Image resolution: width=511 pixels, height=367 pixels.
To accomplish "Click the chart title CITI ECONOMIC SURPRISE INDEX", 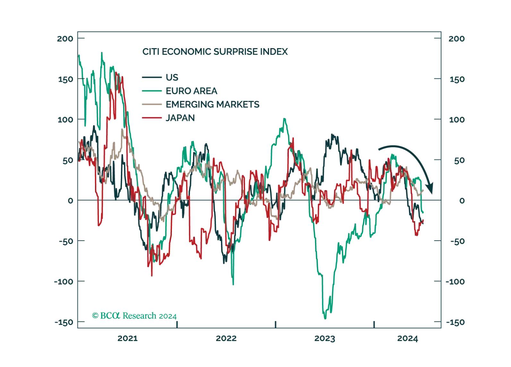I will pyautogui.click(x=215, y=52).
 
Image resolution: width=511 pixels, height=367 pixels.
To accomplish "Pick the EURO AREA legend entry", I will pyautogui.click(x=191, y=91).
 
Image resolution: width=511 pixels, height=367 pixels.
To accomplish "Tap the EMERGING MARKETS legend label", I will pyautogui.click(x=212, y=104).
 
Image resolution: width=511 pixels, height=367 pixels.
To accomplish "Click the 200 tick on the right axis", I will pyautogui.click(x=456, y=38).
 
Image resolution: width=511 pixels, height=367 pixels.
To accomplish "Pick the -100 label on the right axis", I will pyautogui.click(x=456, y=281).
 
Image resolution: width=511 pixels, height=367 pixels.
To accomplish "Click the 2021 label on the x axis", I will pyautogui.click(x=128, y=338).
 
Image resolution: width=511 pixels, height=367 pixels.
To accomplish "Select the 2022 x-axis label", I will pyautogui.click(x=226, y=338).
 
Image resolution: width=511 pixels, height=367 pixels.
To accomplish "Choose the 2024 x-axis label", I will pyautogui.click(x=407, y=338).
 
